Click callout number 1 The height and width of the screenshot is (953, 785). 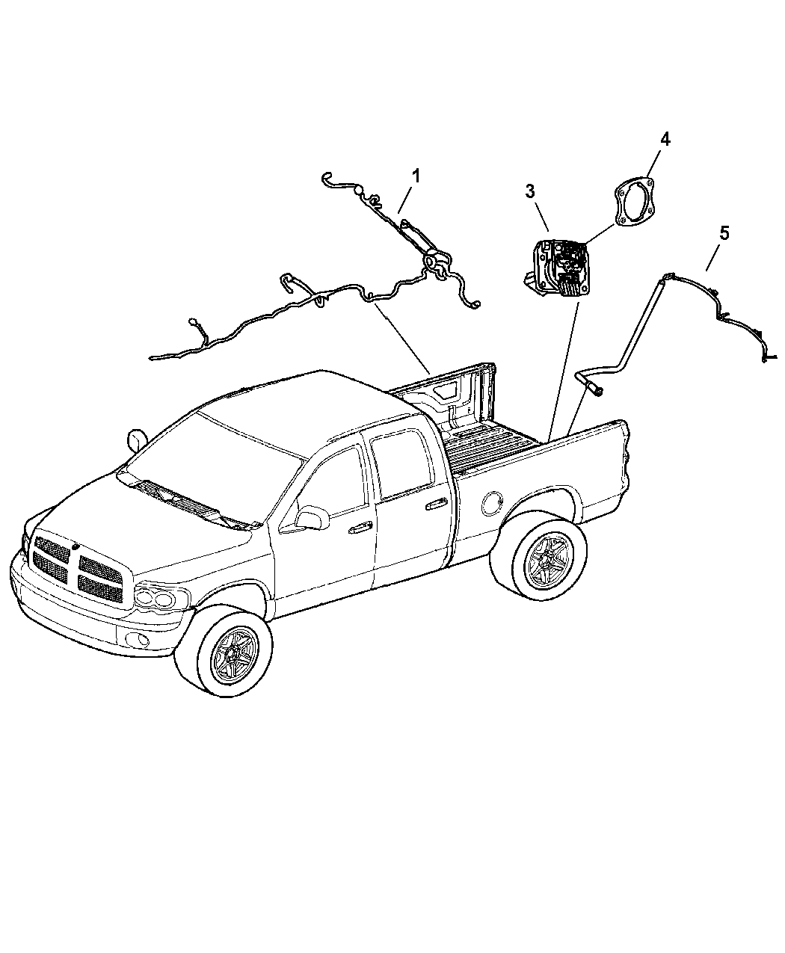pyautogui.click(x=416, y=176)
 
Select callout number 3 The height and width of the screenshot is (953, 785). pyautogui.click(x=530, y=191)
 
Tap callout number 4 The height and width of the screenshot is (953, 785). pyautogui.click(x=665, y=139)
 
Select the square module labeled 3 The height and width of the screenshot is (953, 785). pyautogui.click(x=555, y=268)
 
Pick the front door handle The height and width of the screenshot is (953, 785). pyautogui.click(x=360, y=528)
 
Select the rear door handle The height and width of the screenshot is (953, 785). pyautogui.click(x=436, y=505)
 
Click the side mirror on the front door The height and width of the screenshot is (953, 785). pyautogui.click(x=313, y=517)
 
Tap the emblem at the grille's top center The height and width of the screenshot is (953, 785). pyautogui.click(x=75, y=547)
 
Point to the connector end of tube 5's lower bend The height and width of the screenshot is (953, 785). pyautogui.click(x=596, y=389)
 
